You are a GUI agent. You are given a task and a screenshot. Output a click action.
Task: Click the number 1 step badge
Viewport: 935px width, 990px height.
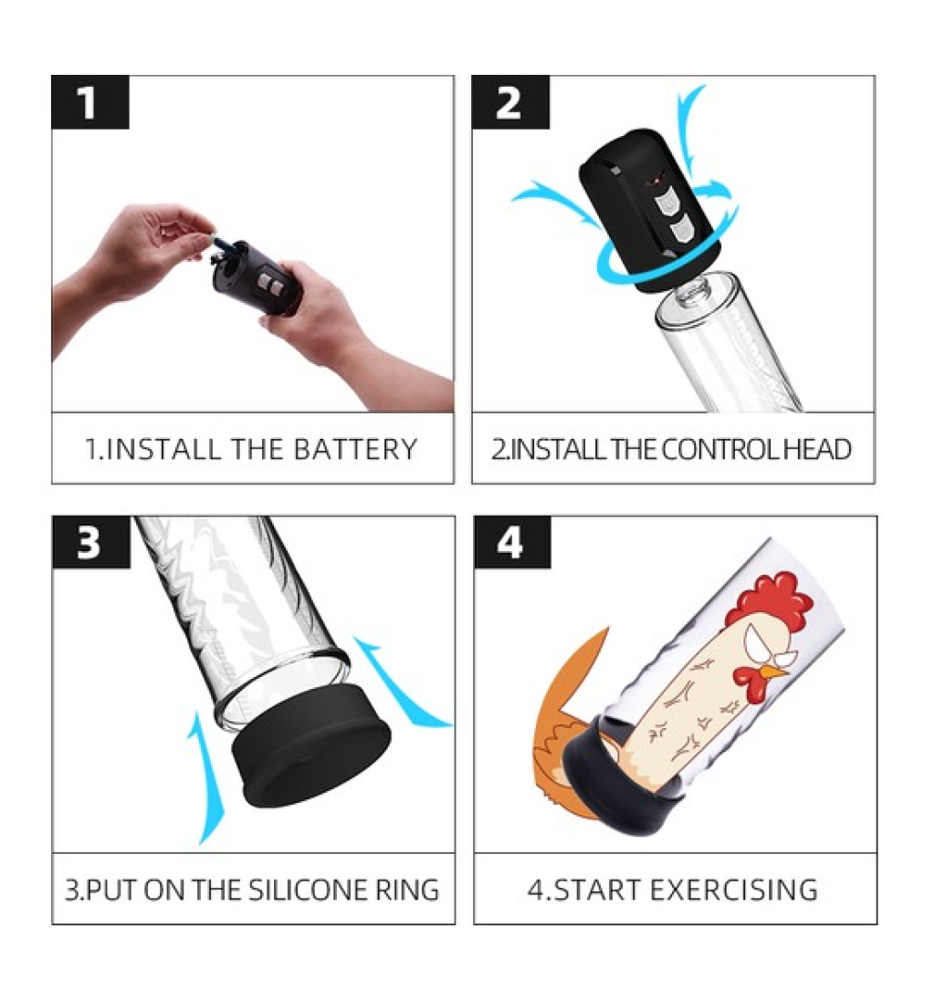coord(90,102)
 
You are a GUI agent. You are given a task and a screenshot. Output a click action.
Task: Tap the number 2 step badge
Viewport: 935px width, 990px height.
coord(510,102)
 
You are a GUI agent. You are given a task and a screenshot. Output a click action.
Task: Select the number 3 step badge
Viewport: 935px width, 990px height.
coord(91,542)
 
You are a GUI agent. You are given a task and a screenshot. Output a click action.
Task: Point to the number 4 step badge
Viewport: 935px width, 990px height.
coord(512,542)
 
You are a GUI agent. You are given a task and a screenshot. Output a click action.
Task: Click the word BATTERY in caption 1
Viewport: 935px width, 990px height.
coord(356,450)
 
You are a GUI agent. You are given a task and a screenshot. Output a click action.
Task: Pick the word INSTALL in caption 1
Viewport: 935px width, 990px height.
coord(161,450)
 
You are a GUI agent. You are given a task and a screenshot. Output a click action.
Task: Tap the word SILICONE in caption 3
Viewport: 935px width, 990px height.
coord(307,890)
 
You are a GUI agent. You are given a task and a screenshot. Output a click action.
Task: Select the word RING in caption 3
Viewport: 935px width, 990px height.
coord(407,890)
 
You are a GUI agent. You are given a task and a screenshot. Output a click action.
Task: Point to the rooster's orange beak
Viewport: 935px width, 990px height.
coord(775,672)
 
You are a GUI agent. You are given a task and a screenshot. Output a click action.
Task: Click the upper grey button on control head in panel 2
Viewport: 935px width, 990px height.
coord(665,204)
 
